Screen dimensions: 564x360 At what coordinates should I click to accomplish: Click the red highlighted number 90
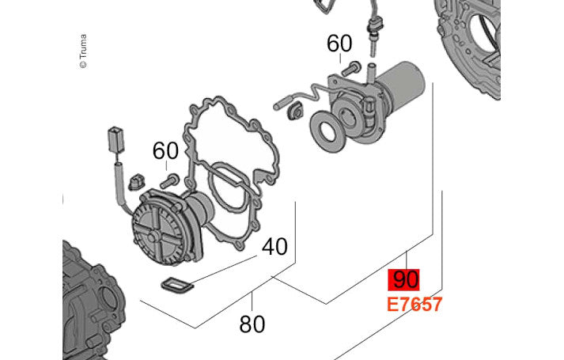(x=404, y=280)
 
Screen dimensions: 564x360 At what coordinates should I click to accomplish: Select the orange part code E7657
(x=414, y=305)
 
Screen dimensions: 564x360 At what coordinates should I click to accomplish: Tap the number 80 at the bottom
(x=252, y=324)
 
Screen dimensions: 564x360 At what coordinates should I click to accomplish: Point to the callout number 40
(x=274, y=247)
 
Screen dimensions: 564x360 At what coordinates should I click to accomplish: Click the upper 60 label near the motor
(x=339, y=44)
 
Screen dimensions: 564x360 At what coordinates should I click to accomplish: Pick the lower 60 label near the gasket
(x=165, y=150)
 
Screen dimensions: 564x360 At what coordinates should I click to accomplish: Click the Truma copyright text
(x=83, y=51)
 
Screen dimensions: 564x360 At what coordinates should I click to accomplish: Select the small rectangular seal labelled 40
(x=177, y=286)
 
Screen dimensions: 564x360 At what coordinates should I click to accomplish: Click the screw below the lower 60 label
(x=169, y=181)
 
